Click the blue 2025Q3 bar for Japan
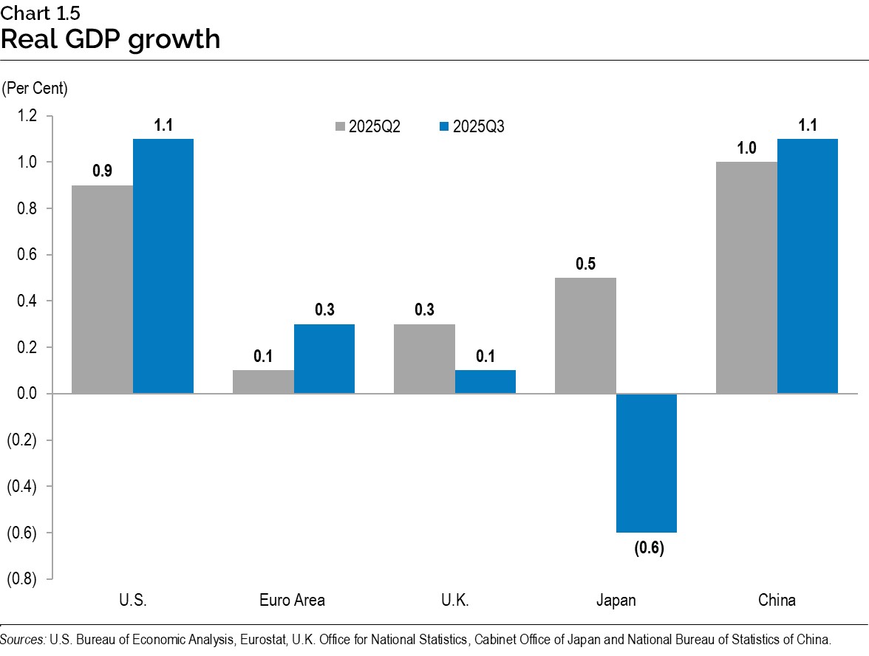[x=647, y=462]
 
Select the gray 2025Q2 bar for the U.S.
[x=103, y=289]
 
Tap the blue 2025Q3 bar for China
[x=808, y=266]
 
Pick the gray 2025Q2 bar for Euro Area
[x=263, y=381]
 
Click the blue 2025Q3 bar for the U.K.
[x=485, y=381]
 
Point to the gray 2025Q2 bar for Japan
[x=585, y=335]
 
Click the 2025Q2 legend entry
[x=367, y=126]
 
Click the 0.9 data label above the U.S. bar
[x=102, y=171]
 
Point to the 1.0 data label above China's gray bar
[x=746, y=148]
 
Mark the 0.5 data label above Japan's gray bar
[x=585, y=264]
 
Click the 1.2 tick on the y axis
[x=27, y=116]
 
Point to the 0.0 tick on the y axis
[x=27, y=394]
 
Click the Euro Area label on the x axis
[x=292, y=600]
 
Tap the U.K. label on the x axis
[x=454, y=600]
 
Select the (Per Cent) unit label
[x=35, y=89]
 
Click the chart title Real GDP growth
[x=111, y=38]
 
